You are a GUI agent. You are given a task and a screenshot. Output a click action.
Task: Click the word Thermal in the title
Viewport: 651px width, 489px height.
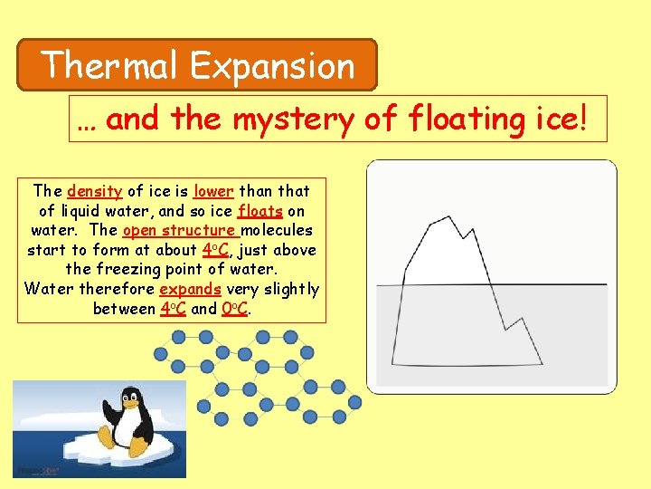click(111, 65)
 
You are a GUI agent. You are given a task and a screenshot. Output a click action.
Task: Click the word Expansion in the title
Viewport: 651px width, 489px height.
click(272, 66)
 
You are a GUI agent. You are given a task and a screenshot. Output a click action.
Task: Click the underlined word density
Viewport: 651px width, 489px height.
click(95, 191)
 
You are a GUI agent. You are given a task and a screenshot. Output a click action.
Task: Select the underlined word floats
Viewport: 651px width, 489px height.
click(260, 211)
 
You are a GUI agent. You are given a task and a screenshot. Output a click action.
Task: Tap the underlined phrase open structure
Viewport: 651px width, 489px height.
click(179, 230)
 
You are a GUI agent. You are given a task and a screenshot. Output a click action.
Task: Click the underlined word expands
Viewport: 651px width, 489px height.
click(190, 289)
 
